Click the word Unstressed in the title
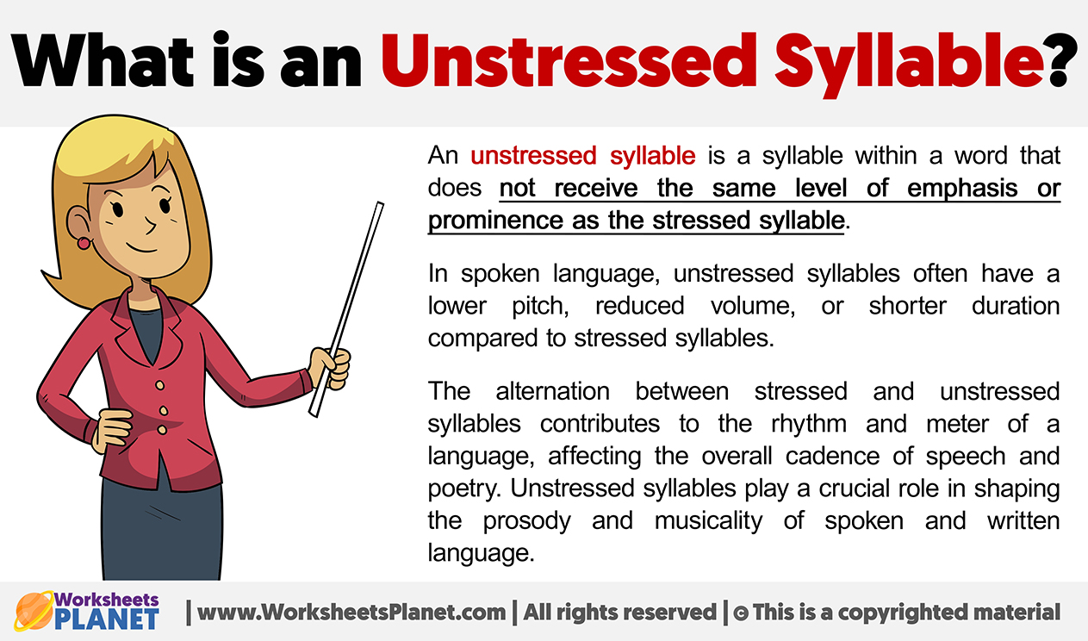click(569, 60)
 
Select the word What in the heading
click(101, 60)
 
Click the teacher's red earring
click(84, 243)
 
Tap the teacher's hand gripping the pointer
click(330, 368)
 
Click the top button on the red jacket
click(159, 386)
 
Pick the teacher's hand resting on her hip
click(113, 430)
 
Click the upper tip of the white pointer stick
click(380, 204)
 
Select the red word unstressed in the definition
click(533, 156)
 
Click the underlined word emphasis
click(962, 189)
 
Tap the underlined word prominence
click(494, 221)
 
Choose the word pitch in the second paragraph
click(540, 307)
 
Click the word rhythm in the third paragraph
click(809, 425)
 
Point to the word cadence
click(832, 457)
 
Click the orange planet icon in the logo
click(33, 611)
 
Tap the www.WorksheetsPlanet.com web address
click(351, 613)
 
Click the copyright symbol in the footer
click(741, 613)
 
